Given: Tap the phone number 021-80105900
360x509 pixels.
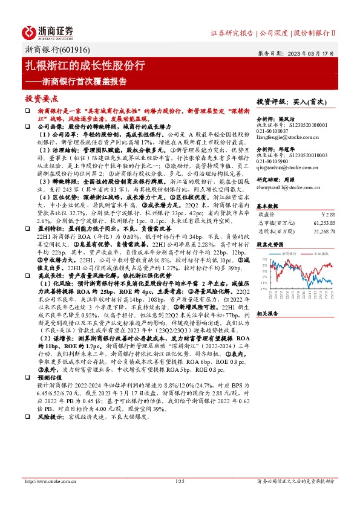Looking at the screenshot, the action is [x=272, y=161].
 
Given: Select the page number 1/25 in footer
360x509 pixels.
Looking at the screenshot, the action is [x=179, y=481].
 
